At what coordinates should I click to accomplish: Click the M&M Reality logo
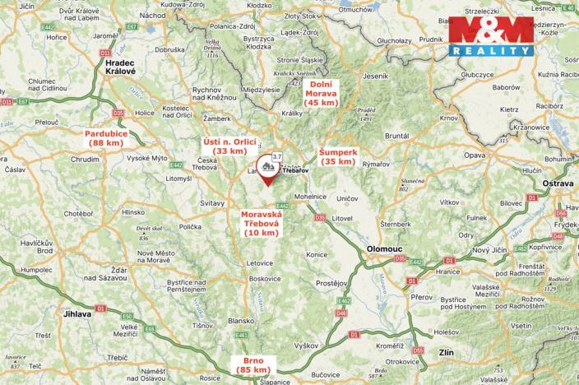tap(490, 36)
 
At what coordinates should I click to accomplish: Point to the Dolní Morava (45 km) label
tap(322, 94)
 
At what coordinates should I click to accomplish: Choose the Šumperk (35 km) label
tap(337, 156)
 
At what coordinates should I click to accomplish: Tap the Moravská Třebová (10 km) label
tap(260, 223)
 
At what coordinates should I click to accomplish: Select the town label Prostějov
tap(331, 283)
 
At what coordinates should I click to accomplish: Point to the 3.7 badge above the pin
tap(277, 155)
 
